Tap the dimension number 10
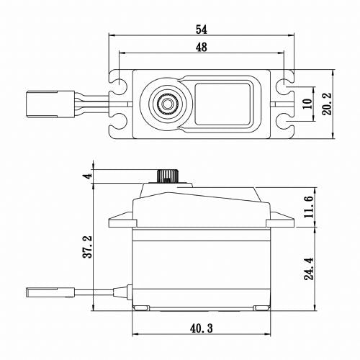click(x=307, y=104)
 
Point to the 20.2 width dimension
click(x=328, y=104)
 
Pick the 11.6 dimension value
click(x=308, y=207)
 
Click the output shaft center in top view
click(x=167, y=104)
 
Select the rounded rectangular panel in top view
click(x=224, y=100)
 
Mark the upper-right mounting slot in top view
click(x=289, y=77)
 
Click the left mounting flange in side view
click(x=119, y=219)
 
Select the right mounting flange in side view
click(x=282, y=219)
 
